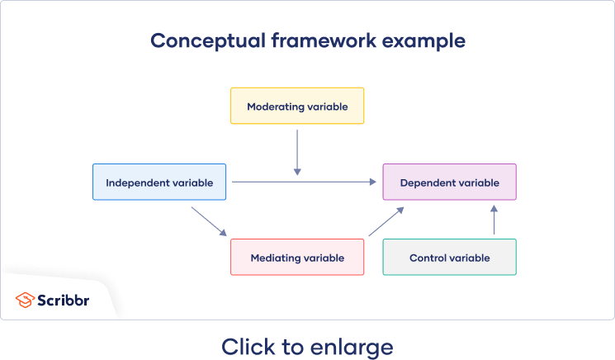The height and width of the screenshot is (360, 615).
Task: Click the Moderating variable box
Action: [297, 106]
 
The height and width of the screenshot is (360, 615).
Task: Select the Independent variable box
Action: [158, 182]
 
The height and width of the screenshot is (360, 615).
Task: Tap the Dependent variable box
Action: [449, 182]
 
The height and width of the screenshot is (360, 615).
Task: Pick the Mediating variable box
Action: [297, 257]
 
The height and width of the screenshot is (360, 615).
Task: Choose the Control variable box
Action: [449, 257]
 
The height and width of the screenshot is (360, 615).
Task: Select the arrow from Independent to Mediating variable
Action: [209, 221]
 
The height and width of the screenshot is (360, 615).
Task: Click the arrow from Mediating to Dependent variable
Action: [386, 221]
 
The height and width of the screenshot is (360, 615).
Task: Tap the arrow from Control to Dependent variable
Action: [494, 220]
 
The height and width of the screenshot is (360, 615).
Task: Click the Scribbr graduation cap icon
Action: [25, 301]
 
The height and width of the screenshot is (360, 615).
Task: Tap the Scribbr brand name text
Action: [64, 301]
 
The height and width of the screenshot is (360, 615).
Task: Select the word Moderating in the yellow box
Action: [273, 107]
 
